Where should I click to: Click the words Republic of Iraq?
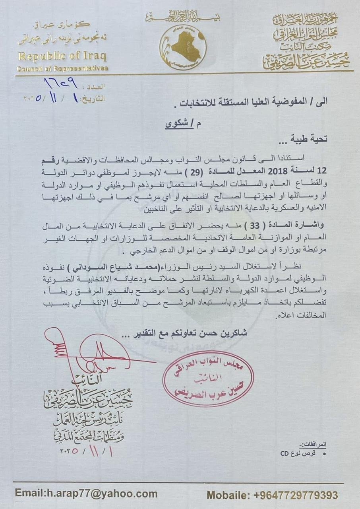click(62, 56)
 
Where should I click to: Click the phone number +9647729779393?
click(296, 495)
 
